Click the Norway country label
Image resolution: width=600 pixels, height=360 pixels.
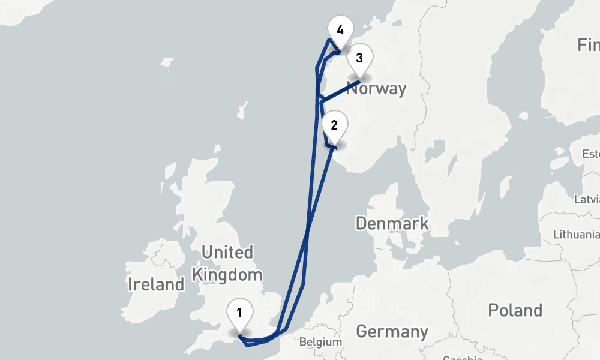tap(377, 89)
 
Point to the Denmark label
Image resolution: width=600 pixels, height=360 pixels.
tap(392, 224)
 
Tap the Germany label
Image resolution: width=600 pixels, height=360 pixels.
tap(392, 331)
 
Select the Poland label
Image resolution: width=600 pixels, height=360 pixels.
tap(515, 310)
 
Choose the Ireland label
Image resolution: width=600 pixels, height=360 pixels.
tap(156, 284)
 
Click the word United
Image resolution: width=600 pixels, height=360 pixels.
tap(227, 252)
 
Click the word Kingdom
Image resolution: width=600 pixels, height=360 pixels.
tap(227, 275)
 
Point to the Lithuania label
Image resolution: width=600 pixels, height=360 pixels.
tap(575, 234)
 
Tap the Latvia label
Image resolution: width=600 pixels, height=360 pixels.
tap(587, 199)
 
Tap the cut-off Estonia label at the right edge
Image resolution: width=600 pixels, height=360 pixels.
tap(590, 154)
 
